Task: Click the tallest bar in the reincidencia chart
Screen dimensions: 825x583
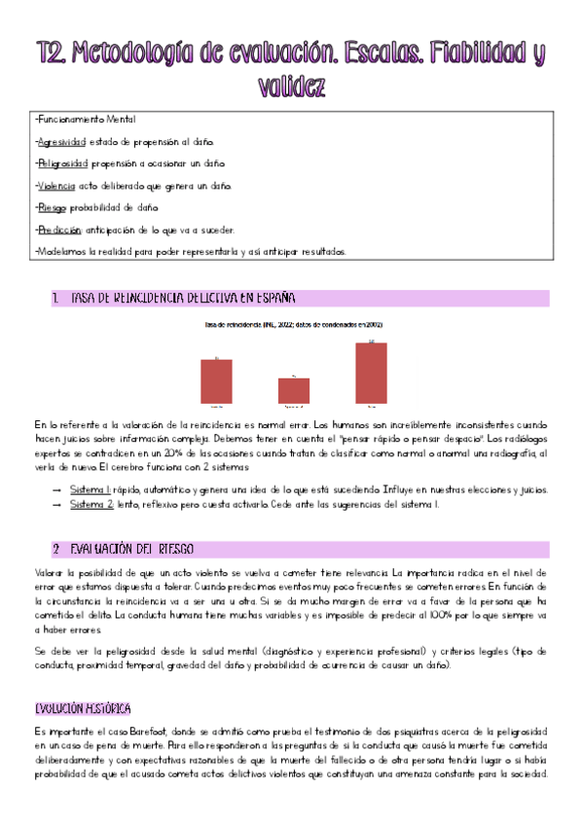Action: pos(371,373)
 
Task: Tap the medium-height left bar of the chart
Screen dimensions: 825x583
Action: pos(216,380)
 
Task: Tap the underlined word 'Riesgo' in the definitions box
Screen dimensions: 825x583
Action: pos(48,207)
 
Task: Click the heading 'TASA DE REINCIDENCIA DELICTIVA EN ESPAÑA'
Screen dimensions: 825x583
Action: pos(183,297)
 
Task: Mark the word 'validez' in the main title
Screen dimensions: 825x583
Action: pos(291,87)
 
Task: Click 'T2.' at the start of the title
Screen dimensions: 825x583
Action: pos(50,52)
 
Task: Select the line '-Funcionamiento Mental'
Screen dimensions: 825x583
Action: pos(86,119)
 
